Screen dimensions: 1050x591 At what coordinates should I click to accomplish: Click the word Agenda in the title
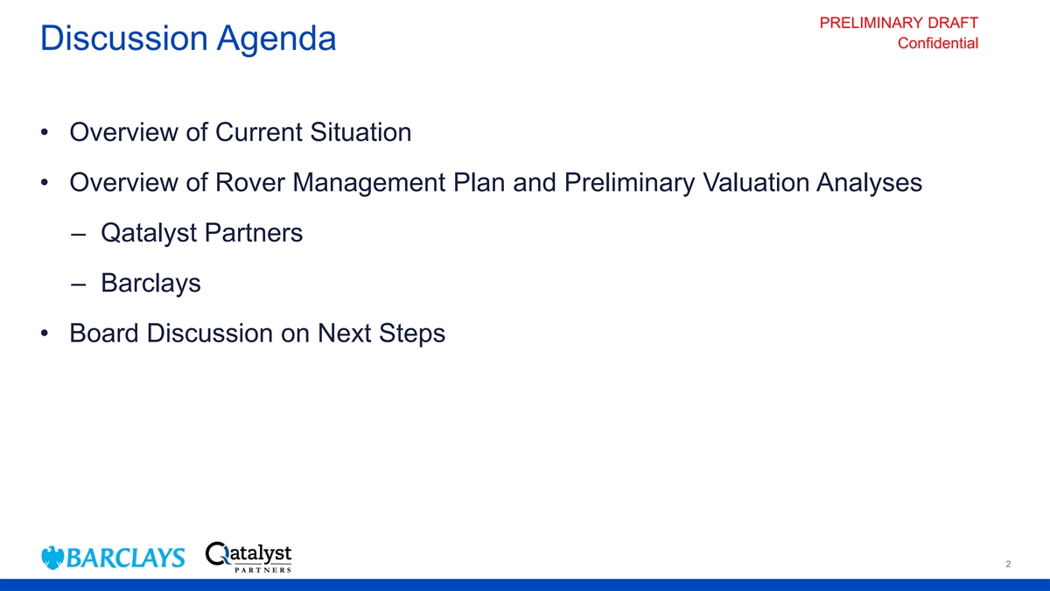276,39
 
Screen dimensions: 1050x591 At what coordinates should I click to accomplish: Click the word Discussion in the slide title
124,38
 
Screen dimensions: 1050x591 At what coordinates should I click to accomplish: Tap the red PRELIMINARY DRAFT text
899,23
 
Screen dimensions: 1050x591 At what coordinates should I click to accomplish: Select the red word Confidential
938,43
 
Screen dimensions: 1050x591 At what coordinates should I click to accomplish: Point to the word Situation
360,132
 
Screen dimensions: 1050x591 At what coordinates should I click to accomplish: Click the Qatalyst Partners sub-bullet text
201,233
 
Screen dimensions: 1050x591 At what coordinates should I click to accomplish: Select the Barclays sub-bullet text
150,284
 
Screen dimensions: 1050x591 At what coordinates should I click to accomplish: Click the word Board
104,333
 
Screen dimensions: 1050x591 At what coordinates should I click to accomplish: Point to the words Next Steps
381,334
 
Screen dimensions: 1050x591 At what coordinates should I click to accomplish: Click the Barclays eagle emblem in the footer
52,558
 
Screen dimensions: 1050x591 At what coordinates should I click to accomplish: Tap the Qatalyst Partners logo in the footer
248,557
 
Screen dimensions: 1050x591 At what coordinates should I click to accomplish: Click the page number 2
1008,564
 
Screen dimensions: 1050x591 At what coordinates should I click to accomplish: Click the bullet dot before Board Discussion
45,334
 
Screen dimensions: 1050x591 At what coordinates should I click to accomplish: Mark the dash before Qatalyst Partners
78,234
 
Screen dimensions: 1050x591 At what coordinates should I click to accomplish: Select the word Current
259,132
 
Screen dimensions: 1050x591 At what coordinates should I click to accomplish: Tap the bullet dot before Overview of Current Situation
45,132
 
